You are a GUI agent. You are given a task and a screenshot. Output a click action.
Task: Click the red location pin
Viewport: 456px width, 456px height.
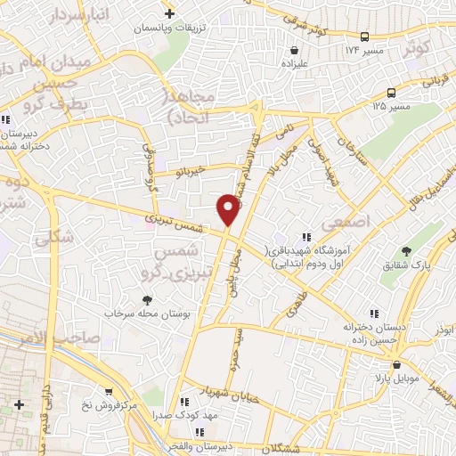click(x=229, y=208)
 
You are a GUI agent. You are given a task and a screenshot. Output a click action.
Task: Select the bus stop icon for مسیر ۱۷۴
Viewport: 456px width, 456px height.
click(x=365, y=37)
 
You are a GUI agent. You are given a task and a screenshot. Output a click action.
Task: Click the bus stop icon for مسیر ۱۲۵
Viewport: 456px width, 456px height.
click(x=392, y=93)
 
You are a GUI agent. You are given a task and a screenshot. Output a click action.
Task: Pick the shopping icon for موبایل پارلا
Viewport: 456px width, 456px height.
click(x=397, y=365)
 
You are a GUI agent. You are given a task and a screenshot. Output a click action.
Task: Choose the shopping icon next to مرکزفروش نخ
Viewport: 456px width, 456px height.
click(x=109, y=393)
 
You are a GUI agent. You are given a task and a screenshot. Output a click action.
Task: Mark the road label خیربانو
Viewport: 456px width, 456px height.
click(x=190, y=169)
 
